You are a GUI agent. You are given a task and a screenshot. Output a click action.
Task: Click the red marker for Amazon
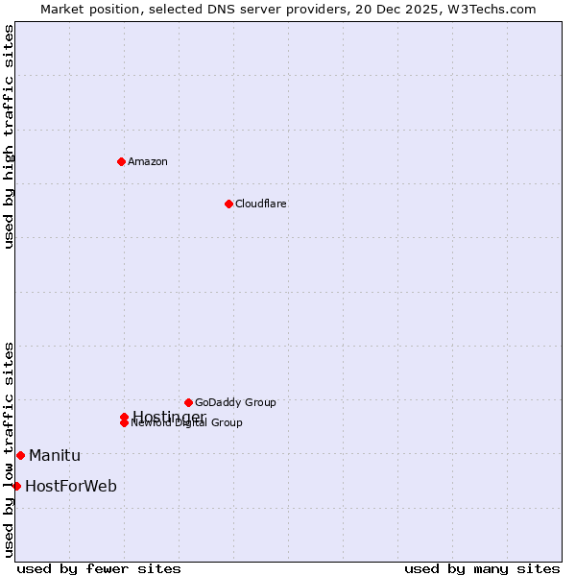(x=121, y=161)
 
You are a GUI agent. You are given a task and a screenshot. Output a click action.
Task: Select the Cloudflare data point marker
(x=228, y=204)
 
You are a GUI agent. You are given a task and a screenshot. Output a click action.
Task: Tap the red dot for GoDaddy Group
(x=188, y=402)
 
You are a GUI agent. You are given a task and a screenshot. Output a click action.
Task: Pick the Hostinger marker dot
(x=124, y=417)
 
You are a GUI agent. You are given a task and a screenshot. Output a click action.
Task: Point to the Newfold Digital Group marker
(x=124, y=423)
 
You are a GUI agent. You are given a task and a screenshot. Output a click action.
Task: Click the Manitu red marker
(x=20, y=455)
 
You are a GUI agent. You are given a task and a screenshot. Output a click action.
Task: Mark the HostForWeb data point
(x=16, y=486)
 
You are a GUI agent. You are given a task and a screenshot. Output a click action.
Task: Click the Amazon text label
(x=148, y=161)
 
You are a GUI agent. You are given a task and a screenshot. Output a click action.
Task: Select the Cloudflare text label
(x=261, y=204)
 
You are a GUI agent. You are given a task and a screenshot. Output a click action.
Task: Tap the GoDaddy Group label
(x=235, y=402)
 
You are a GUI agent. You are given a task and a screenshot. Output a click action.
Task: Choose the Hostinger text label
(x=169, y=416)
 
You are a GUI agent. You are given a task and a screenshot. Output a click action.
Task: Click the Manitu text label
(x=55, y=455)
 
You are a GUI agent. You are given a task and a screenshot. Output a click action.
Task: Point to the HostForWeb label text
(x=71, y=486)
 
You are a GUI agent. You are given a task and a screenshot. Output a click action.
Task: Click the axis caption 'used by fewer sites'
(x=99, y=568)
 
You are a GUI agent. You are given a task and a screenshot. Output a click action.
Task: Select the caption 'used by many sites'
(x=482, y=568)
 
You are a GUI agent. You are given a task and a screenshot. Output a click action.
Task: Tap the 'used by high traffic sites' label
(x=10, y=136)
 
